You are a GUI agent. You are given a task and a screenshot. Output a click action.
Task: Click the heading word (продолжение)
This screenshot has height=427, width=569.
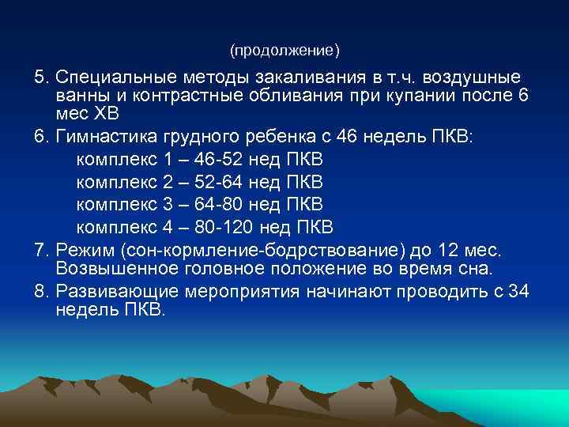click(284, 51)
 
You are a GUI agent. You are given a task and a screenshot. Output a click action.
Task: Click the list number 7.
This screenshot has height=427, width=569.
click(40, 251)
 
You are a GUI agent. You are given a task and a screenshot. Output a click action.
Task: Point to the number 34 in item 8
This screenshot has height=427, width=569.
click(518, 291)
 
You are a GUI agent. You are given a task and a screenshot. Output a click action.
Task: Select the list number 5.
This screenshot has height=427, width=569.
click(40, 78)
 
